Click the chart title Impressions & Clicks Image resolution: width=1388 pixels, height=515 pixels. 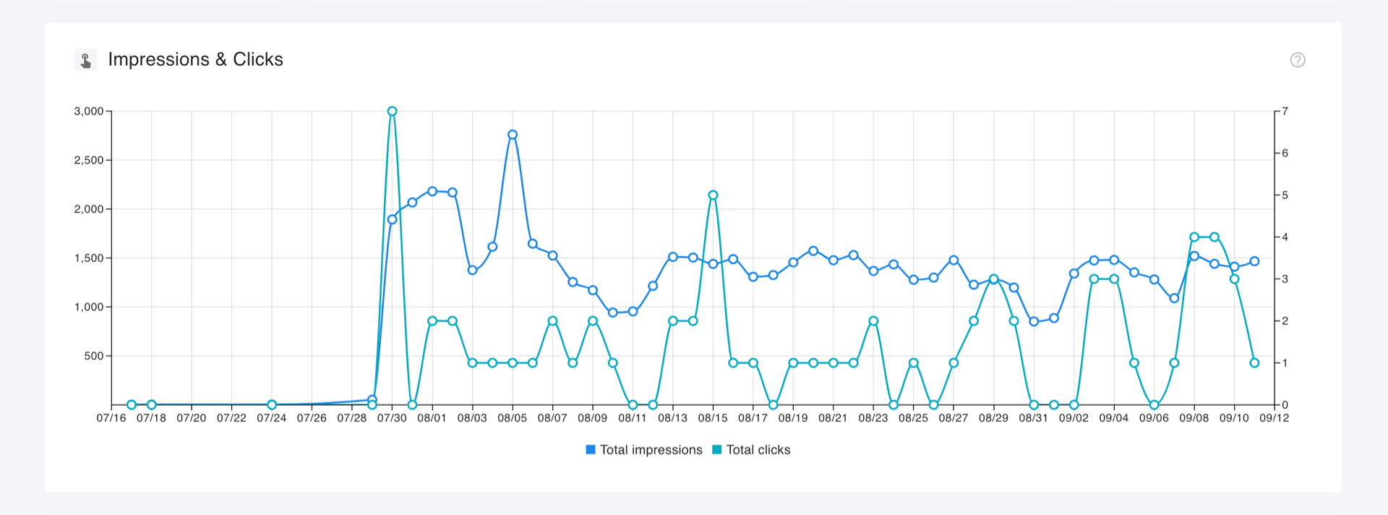pyautogui.click(x=195, y=59)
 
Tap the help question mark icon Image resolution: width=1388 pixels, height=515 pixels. pyautogui.click(x=1298, y=60)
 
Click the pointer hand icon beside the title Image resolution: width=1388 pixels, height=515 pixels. pyautogui.click(x=85, y=60)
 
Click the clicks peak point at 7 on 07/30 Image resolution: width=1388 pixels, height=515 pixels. pyautogui.click(x=392, y=111)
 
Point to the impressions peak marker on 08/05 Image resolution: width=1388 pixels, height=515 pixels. pyautogui.click(x=513, y=135)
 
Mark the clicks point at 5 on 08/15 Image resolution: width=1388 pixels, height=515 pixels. pyautogui.click(x=713, y=195)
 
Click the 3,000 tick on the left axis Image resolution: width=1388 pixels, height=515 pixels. pyautogui.click(x=89, y=111)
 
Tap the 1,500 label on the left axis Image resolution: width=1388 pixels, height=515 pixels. pyautogui.click(x=89, y=258)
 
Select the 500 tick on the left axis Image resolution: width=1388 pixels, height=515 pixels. pyautogui.click(x=93, y=356)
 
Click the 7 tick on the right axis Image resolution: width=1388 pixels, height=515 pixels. pyautogui.click(x=1285, y=111)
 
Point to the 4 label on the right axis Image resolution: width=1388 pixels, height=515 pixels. pyautogui.click(x=1285, y=237)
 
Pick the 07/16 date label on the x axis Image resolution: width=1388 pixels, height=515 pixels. pyautogui.click(x=111, y=418)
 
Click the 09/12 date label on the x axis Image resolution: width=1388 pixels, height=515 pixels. pyautogui.click(x=1274, y=418)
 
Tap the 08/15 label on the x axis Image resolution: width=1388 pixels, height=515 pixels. pyautogui.click(x=713, y=418)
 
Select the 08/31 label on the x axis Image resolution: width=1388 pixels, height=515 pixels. pyautogui.click(x=1033, y=418)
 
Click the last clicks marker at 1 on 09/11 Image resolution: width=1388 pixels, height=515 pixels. pyautogui.click(x=1254, y=363)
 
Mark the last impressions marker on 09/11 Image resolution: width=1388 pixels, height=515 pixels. pyautogui.click(x=1254, y=261)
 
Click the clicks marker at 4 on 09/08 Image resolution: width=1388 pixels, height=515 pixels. pyautogui.click(x=1194, y=237)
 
